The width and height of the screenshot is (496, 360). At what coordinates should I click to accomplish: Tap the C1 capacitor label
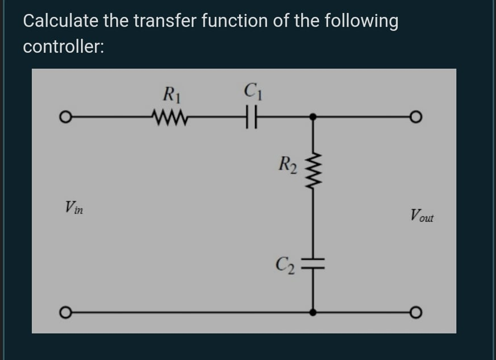(251, 92)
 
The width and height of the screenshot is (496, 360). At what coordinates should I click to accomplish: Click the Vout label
(421, 216)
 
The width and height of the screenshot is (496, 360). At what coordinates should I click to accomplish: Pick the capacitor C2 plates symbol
(312, 263)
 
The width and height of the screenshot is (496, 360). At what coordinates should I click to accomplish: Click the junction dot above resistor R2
(312, 118)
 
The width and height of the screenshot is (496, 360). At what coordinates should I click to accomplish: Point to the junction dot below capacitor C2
(312, 312)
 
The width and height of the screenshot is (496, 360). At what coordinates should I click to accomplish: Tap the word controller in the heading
(63, 47)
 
